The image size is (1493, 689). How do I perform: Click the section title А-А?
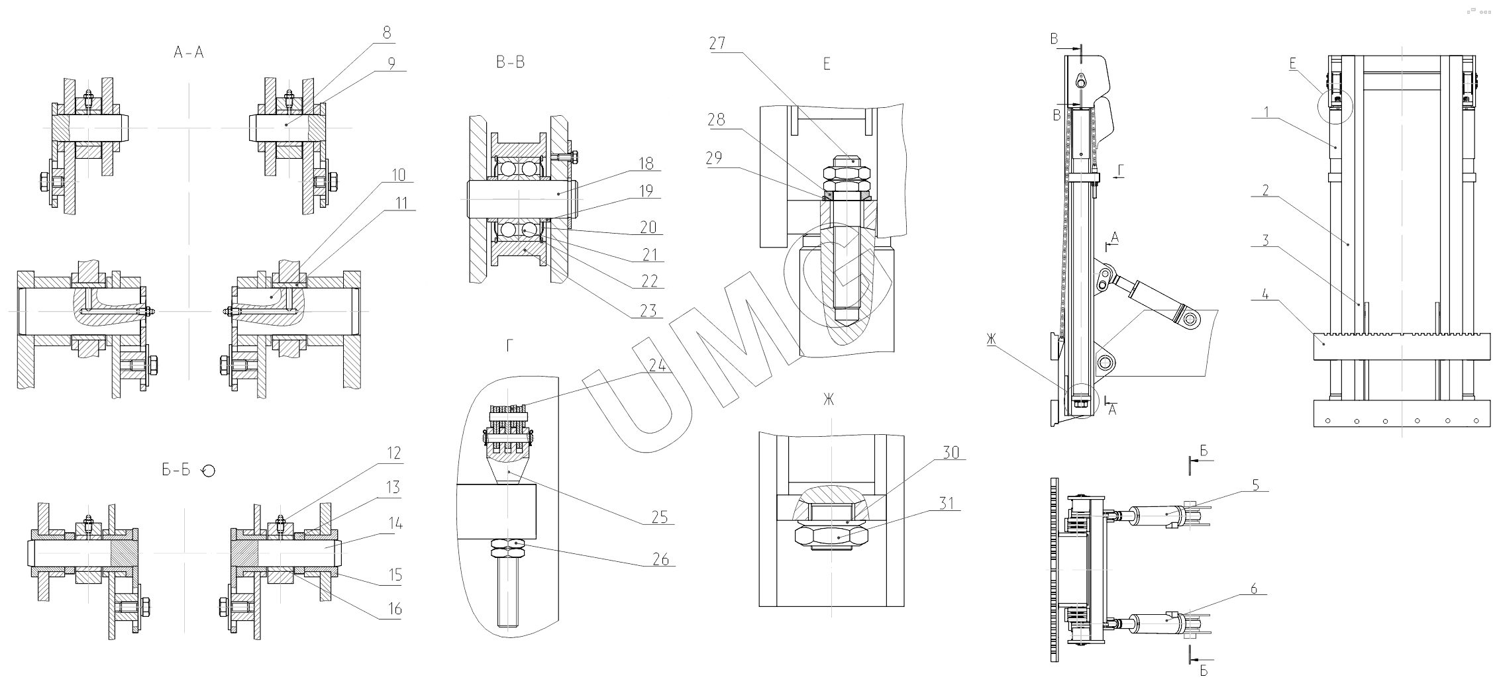[x=189, y=53]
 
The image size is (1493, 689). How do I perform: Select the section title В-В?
[x=510, y=63]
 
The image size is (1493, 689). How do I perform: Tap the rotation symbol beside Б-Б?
[x=208, y=471]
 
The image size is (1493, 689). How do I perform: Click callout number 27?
[x=717, y=44]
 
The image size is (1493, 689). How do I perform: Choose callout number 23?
[x=648, y=310]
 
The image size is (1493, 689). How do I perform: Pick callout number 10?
[x=398, y=175]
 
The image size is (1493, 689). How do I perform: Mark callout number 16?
[x=394, y=609]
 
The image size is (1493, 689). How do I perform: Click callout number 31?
[x=948, y=504]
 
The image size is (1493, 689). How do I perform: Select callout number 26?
[x=661, y=560]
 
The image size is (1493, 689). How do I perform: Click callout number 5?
[x=1255, y=485]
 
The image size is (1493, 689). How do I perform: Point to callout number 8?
[x=387, y=32]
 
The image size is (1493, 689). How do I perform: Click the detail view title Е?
[x=826, y=64]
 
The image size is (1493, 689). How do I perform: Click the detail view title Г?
[x=509, y=346]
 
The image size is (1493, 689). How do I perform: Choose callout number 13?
[x=393, y=488]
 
